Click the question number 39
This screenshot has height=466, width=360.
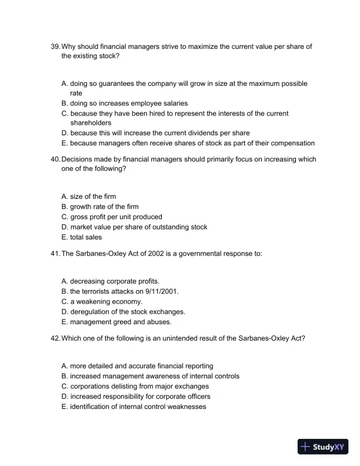pos(55,46)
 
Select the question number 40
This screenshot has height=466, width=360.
pos(55,159)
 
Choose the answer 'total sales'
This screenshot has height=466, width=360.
pos(86,237)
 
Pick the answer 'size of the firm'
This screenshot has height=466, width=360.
pos(93,197)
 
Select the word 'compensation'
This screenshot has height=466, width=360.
pos(292,143)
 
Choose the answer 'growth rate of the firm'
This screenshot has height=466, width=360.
pos(105,207)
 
